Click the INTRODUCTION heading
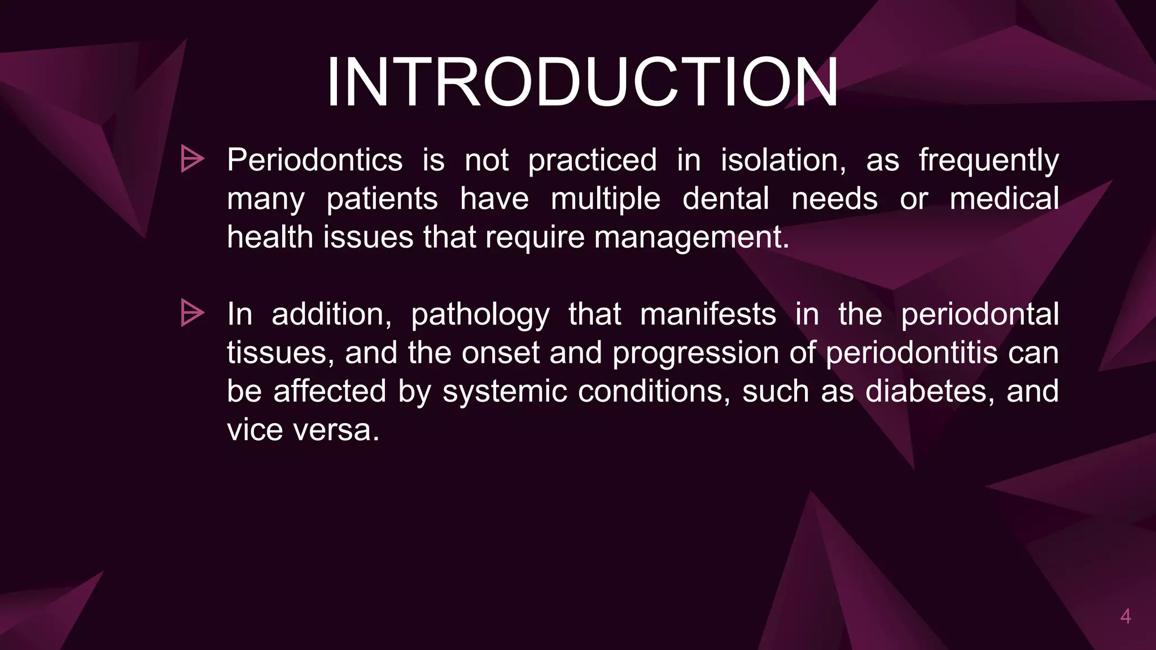582,83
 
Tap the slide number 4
1125,617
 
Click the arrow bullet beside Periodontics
192,159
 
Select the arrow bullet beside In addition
192,313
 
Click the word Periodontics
314,160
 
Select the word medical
1004,199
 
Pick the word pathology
480,315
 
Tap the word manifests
708,314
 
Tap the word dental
725,199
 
